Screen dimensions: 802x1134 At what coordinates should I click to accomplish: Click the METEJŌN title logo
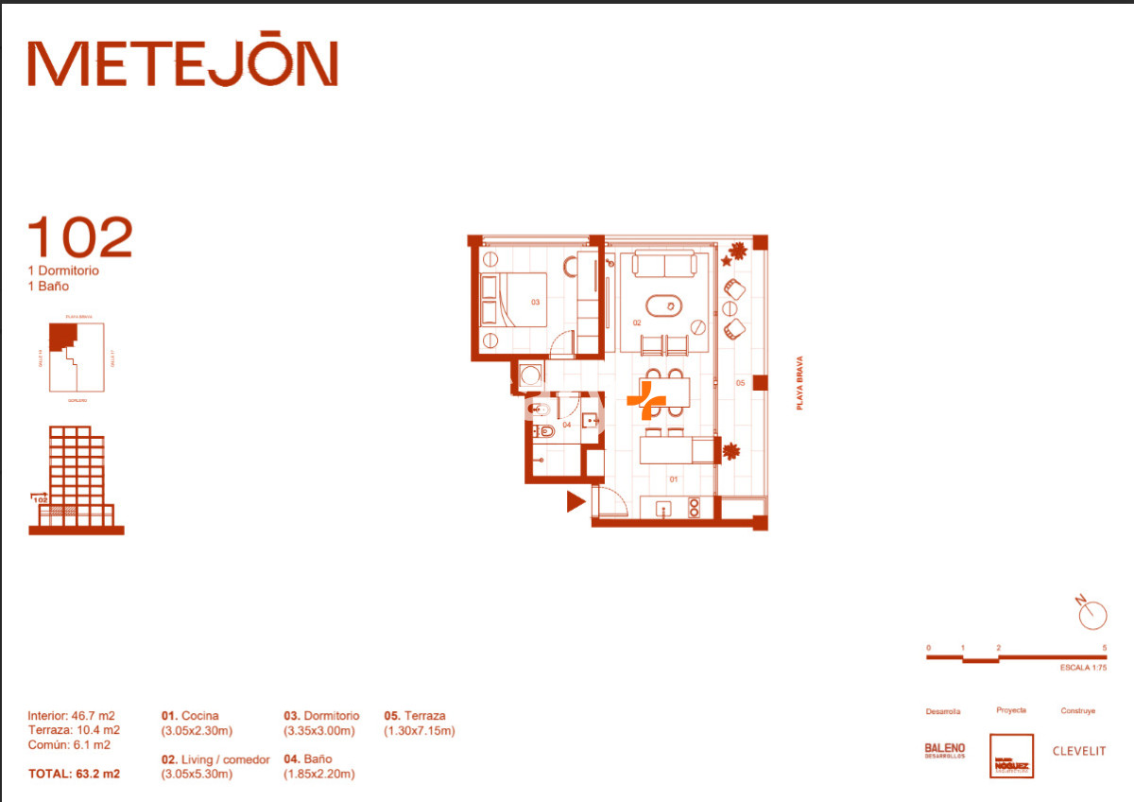click(182, 63)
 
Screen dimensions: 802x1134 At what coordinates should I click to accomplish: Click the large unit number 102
click(80, 238)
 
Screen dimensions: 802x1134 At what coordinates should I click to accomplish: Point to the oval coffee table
click(663, 305)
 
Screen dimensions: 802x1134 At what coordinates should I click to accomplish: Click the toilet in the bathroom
click(545, 431)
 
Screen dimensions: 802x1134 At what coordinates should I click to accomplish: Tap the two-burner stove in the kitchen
click(694, 509)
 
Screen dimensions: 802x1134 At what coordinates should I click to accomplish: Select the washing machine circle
click(530, 375)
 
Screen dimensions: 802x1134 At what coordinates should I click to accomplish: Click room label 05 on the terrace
click(741, 383)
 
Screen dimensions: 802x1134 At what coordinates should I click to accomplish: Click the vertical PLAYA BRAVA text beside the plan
click(799, 382)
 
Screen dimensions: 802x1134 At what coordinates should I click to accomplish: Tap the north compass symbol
click(1091, 615)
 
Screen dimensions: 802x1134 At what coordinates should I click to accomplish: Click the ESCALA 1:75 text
click(1083, 669)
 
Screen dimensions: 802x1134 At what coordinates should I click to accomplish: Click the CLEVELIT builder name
click(1079, 751)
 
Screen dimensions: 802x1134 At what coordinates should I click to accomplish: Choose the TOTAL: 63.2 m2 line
click(74, 774)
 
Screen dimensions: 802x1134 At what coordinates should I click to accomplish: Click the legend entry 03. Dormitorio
click(321, 716)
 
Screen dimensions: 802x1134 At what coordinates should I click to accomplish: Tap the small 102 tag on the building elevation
click(41, 499)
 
